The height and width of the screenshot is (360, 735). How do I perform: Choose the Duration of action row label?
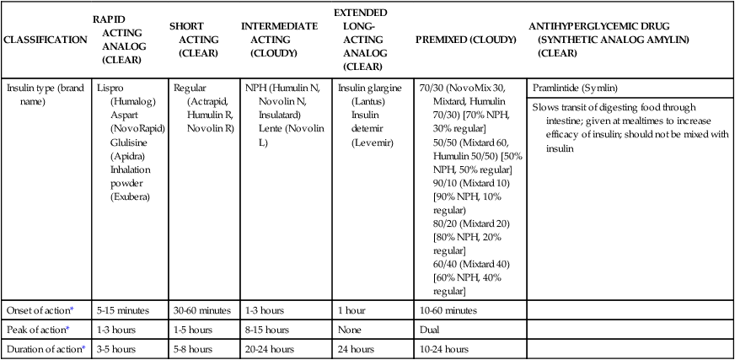click(43, 348)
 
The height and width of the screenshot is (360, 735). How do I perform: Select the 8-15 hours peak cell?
click(267, 328)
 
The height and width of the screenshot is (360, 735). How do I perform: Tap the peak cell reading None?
click(350, 328)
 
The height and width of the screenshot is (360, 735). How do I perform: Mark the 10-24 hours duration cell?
click(443, 348)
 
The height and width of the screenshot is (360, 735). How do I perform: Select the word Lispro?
click(111, 88)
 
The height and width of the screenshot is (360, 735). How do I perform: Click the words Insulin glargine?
click(370, 88)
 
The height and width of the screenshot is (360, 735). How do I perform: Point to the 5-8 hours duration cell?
click(193, 348)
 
